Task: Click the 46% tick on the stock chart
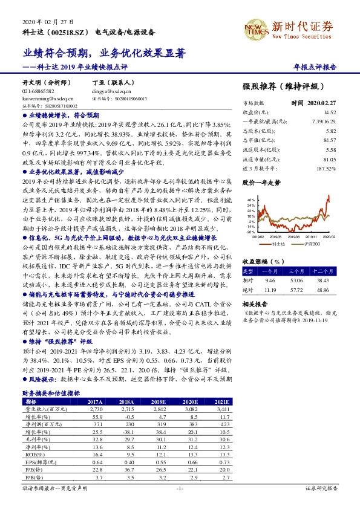click(x=250, y=198)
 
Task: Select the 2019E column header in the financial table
click(x=157, y=401)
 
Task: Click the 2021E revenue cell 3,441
click(x=221, y=409)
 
